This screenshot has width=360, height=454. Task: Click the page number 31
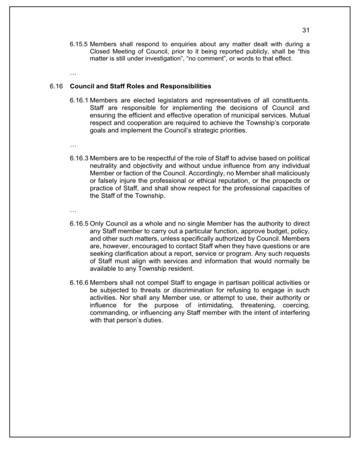pyautogui.click(x=305, y=30)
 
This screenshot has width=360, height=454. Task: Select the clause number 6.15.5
pyautogui.click(x=79, y=44)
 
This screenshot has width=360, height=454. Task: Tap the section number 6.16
pyautogui.click(x=57, y=86)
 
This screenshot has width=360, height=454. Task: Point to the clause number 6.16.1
pyautogui.click(x=79, y=100)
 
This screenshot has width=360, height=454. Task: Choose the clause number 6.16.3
pyautogui.click(x=79, y=158)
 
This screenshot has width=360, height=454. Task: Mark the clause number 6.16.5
pyautogui.click(x=79, y=223)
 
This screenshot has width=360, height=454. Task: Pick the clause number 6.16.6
pyautogui.click(x=79, y=282)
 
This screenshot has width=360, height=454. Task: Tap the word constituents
pyautogui.click(x=288, y=100)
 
